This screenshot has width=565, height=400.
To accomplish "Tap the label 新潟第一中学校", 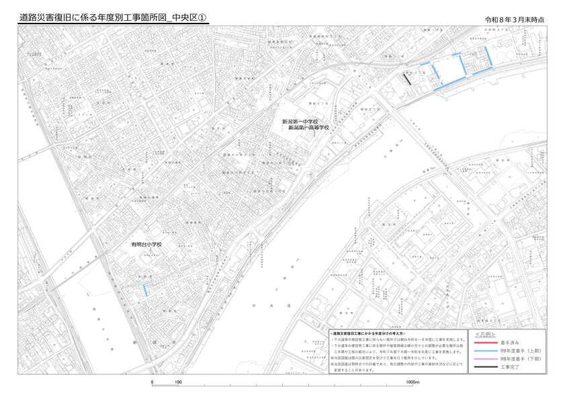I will click(300, 122).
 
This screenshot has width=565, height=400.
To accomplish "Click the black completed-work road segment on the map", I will click(407, 78).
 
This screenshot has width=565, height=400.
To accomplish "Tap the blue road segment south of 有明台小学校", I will click(146, 290).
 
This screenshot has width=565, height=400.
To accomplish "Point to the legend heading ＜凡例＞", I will click(485, 334).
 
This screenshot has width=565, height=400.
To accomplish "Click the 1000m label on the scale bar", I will click(412, 383).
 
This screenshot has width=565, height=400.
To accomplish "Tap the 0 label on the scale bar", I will click(153, 383).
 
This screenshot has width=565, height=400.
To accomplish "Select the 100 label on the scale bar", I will click(178, 383).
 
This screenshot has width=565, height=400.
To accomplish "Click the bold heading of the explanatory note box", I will click(367, 333).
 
